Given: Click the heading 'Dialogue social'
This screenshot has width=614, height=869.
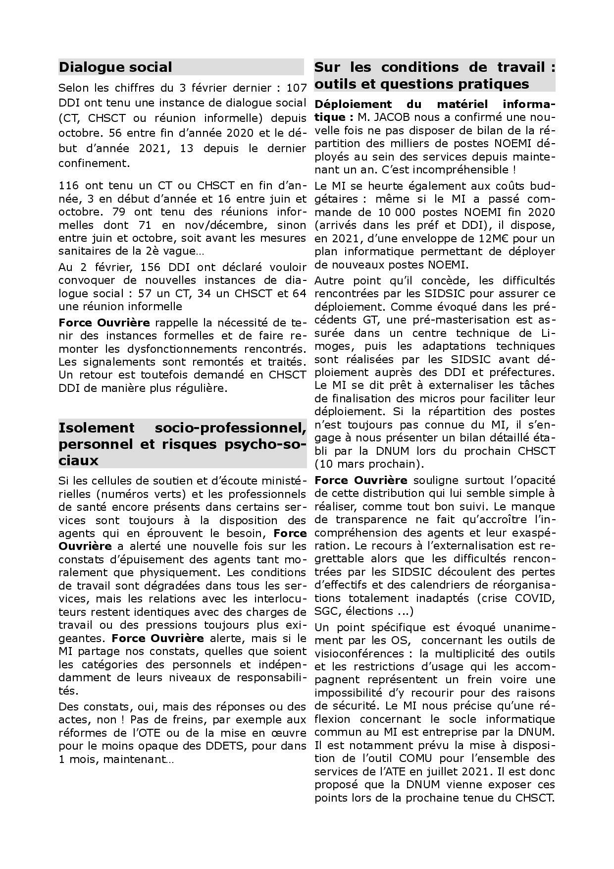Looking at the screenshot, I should [x=115, y=67].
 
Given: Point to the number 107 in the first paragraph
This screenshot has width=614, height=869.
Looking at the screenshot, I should [x=297, y=88].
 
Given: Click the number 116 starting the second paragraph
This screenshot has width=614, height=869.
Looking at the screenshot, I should [x=69, y=186].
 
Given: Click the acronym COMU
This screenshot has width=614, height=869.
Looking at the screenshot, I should [x=413, y=758].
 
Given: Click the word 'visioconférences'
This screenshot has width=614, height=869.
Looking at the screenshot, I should [x=354, y=653].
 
